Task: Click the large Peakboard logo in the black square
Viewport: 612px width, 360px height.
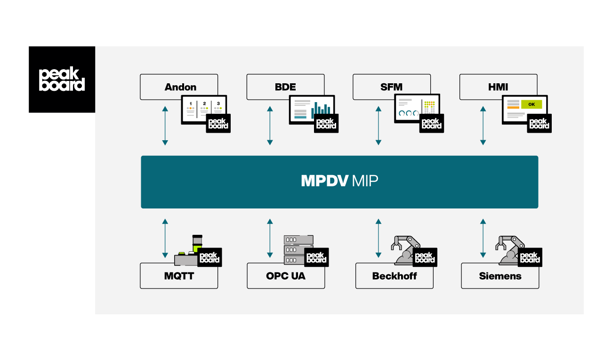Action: [x=62, y=80]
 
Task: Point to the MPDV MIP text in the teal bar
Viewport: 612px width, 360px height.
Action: [x=339, y=182]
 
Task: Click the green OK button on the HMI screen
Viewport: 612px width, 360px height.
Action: [x=531, y=104]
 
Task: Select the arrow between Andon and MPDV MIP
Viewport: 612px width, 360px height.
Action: [x=165, y=126]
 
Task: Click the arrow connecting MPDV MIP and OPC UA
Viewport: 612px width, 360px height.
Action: [x=270, y=238]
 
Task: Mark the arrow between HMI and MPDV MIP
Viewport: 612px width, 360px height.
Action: [x=483, y=126]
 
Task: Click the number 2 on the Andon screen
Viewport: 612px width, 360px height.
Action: [x=204, y=103]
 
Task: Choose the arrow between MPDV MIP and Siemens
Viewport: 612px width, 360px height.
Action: [x=483, y=238]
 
